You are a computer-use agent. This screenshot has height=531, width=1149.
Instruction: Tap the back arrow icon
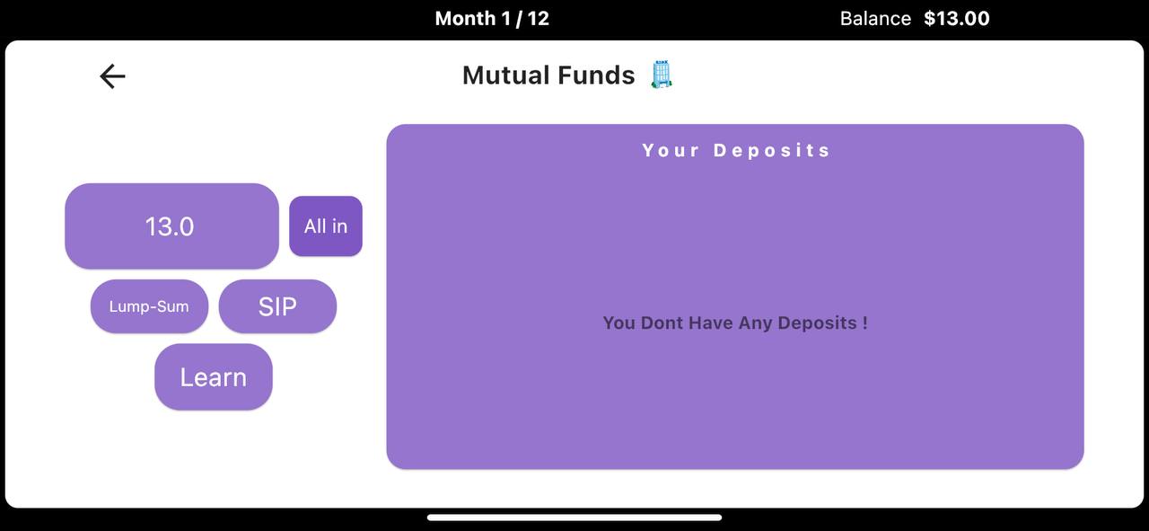pos(112,76)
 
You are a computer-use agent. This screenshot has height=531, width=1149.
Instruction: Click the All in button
pos(326,226)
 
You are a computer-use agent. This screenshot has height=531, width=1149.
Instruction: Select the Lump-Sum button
pos(149,306)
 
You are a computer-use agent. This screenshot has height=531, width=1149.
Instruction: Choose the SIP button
pos(277,306)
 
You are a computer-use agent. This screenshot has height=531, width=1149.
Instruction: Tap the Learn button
pos(214,377)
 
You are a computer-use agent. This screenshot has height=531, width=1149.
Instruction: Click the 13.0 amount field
pos(171,226)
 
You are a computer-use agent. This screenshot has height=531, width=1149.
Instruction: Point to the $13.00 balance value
pos(957,19)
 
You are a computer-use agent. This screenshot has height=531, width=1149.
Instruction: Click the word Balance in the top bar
pos(875,19)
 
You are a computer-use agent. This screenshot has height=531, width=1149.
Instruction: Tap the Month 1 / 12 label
pos(492,19)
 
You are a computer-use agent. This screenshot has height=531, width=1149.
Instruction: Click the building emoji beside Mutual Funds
pos(662,75)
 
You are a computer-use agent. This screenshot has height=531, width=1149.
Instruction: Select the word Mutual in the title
pos(506,75)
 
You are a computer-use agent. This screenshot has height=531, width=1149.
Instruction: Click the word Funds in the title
pos(596,75)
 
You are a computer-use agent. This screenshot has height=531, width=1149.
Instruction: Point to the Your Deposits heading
pos(735,150)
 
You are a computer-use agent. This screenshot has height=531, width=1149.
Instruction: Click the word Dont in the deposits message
pos(662,323)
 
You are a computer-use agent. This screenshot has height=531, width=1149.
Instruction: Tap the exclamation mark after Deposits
pos(864,323)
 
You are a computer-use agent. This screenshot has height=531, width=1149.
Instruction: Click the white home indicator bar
pos(574,518)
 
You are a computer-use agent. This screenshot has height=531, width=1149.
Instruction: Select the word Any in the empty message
pos(756,323)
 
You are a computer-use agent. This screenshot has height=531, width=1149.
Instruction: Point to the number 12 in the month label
pos(538,19)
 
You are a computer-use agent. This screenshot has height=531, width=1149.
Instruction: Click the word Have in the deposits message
pos(711,323)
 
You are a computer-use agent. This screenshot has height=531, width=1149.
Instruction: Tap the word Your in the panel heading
pos(671,150)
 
